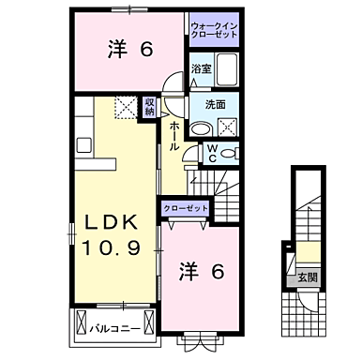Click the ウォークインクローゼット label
[x=215, y=28]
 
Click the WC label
[x=212, y=152]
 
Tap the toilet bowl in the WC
[x=232, y=153]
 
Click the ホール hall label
[x=175, y=136]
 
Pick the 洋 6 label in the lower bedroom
[x=201, y=273]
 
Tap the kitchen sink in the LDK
[x=82, y=144]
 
